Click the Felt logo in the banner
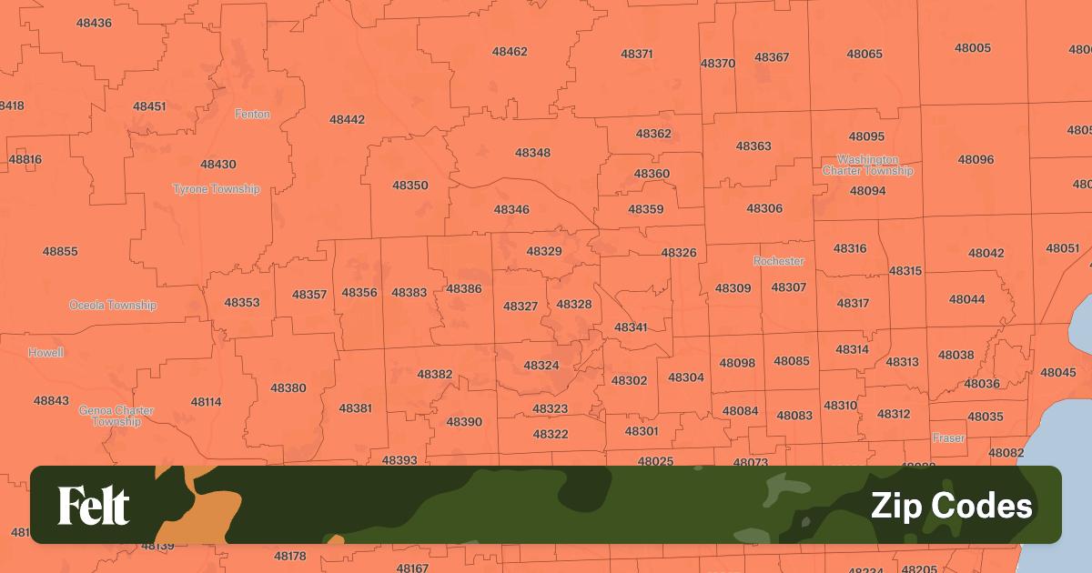click(94, 506)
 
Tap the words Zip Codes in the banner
click(951, 506)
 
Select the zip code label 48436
click(95, 23)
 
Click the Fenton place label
click(252, 115)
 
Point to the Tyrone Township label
click(217, 189)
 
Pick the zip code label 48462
click(510, 52)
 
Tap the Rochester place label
click(779, 261)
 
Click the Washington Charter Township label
click(867, 166)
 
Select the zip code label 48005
click(974, 48)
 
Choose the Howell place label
click(45, 352)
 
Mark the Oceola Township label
click(113, 306)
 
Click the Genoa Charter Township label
click(116, 416)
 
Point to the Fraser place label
click(948, 438)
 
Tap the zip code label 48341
click(631, 327)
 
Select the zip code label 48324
click(541, 366)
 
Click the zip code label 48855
click(60, 252)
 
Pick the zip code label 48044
click(966, 299)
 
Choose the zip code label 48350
click(410, 186)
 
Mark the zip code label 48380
click(288, 388)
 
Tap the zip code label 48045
click(1058, 373)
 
